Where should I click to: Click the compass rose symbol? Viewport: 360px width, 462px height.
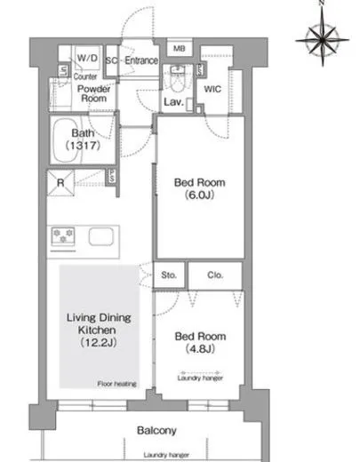point(323,38)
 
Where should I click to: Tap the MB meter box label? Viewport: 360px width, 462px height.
point(179,48)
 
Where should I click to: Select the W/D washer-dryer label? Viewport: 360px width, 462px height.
point(87,58)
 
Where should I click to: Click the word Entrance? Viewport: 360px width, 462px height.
point(141,60)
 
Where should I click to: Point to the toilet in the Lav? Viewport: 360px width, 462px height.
point(178,79)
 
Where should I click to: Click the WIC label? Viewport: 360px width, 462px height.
point(212,89)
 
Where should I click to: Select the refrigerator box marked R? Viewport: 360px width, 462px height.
point(60,183)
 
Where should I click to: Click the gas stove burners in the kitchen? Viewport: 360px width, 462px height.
point(63,235)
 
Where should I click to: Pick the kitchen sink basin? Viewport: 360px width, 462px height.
point(101,236)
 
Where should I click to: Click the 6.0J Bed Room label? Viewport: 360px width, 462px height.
point(200,188)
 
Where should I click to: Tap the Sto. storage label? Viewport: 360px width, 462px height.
point(169,275)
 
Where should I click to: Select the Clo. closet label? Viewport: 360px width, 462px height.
point(215,275)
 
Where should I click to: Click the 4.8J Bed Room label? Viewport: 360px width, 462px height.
point(200,343)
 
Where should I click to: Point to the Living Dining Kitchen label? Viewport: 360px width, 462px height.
point(99,330)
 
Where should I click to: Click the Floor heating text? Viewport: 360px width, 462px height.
point(117,384)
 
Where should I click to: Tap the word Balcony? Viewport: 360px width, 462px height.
point(156,430)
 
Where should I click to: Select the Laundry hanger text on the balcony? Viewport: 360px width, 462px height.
point(166,455)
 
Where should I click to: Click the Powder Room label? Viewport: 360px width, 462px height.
point(93,93)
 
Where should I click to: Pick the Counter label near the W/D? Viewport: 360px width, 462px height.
point(85,76)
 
